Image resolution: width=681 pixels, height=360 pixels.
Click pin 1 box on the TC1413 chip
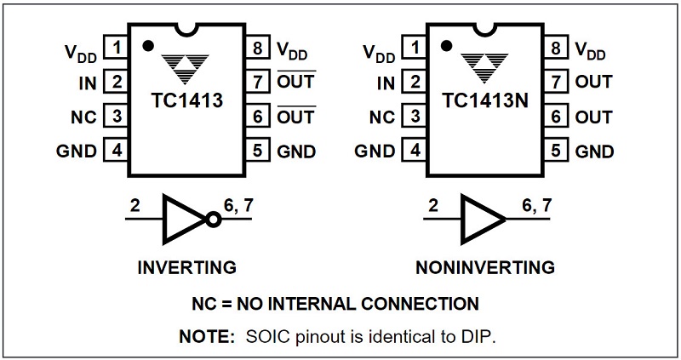pyautogui.click(x=117, y=47)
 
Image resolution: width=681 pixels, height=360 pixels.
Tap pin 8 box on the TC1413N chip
pyautogui.click(x=556, y=47)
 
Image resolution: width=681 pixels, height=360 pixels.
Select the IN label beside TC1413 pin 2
pyautogui.click(x=88, y=82)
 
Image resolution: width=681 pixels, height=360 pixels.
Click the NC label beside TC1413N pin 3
pyautogui.click(x=385, y=117)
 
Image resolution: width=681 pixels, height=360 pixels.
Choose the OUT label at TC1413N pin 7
pyautogui.click(x=593, y=82)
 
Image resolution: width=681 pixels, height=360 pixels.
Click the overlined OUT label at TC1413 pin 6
pyautogui.click(x=296, y=117)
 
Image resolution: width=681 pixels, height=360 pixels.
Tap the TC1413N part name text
pyautogui.click(x=485, y=101)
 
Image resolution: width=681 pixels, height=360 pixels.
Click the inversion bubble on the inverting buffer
pyautogui.click(x=213, y=219)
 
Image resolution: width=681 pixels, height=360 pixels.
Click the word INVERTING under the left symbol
pyautogui.click(x=186, y=267)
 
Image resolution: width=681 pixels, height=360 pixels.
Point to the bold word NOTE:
pyautogui.click(x=206, y=335)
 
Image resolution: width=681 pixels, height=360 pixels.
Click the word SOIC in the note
pyautogui.click(x=262, y=335)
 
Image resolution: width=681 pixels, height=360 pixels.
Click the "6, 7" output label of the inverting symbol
pyautogui.click(x=239, y=204)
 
